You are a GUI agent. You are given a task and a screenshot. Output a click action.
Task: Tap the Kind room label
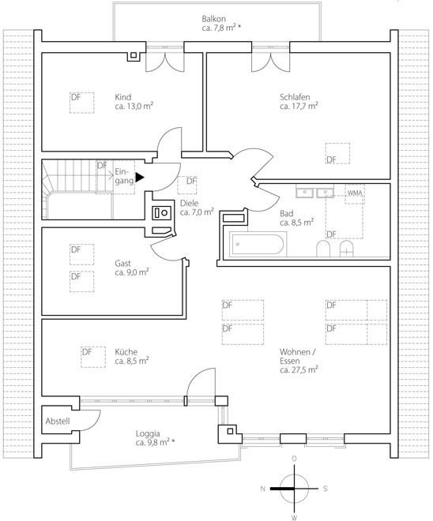click(123, 98)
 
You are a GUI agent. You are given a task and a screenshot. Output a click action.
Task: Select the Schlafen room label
click(294, 98)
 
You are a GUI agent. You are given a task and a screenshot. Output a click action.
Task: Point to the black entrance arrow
click(140, 178)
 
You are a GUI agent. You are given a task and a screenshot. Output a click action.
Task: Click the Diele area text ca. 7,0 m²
click(198, 212)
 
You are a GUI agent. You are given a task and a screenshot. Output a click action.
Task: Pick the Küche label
click(126, 351)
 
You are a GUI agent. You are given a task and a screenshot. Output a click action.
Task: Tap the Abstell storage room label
click(58, 421)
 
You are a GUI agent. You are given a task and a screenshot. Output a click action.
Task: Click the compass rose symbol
click(293, 488)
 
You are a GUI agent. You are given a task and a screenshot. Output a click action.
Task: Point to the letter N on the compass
click(262, 489)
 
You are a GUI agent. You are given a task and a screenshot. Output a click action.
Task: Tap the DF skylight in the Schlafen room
click(339, 154)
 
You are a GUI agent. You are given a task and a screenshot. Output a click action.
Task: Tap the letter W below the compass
click(294, 517)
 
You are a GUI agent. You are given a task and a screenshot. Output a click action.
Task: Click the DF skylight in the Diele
click(189, 184)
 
